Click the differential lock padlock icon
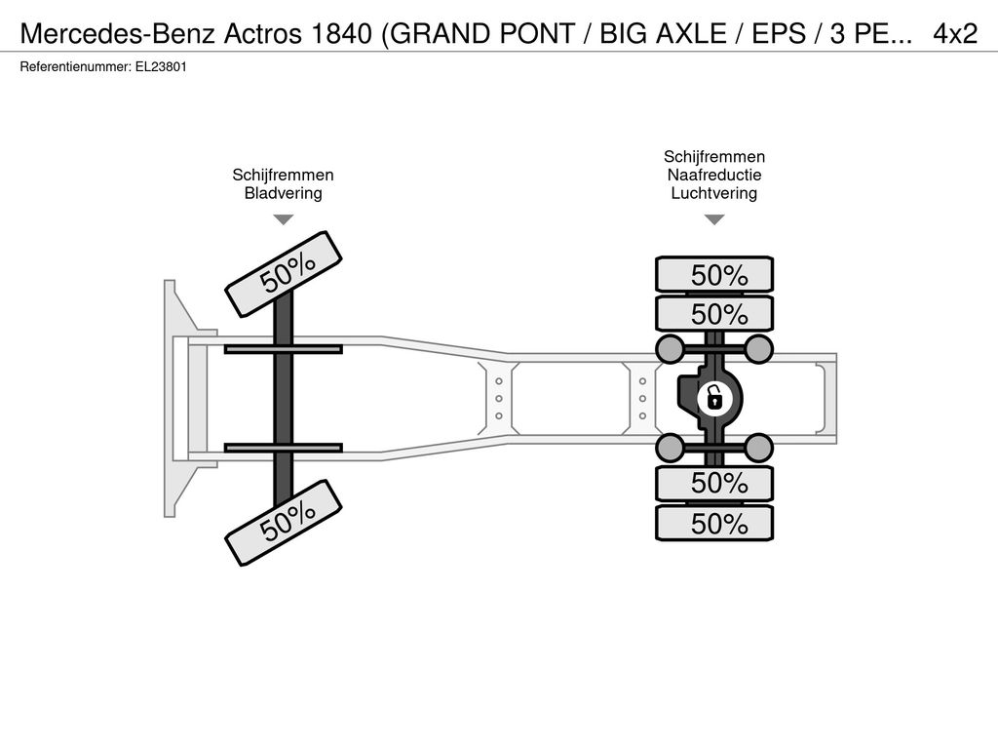click(x=714, y=399)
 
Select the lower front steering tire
click(x=284, y=523)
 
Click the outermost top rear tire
click(x=714, y=274)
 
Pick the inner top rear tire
click(x=714, y=313)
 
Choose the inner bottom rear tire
click(x=714, y=483)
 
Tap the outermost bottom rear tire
click(x=714, y=523)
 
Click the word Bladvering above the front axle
click(x=284, y=193)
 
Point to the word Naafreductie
click(x=714, y=175)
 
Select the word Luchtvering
click(x=714, y=193)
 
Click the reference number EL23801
click(x=161, y=67)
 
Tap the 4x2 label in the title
click(x=955, y=34)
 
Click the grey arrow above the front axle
click(x=284, y=219)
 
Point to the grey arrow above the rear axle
click(x=714, y=219)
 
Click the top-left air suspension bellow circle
click(x=670, y=348)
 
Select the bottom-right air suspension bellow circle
click(x=758, y=448)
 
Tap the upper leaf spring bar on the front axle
click(x=284, y=350)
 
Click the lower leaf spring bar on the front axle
click(x=284, y=448)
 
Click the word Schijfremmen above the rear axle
click(x=714, y=157)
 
